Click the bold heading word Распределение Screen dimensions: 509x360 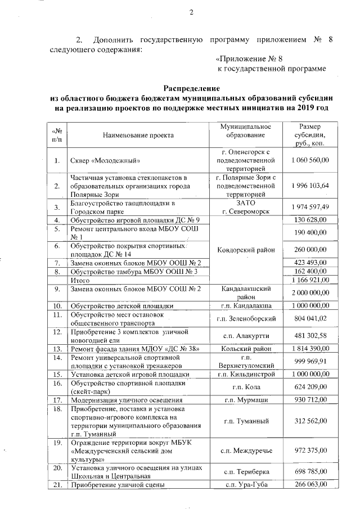coord(192,88)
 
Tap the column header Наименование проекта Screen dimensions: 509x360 coord(138,135)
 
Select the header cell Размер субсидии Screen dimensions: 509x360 coord(310,135)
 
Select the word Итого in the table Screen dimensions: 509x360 coord(79,280)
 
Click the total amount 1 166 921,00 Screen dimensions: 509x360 coord(310,280)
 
